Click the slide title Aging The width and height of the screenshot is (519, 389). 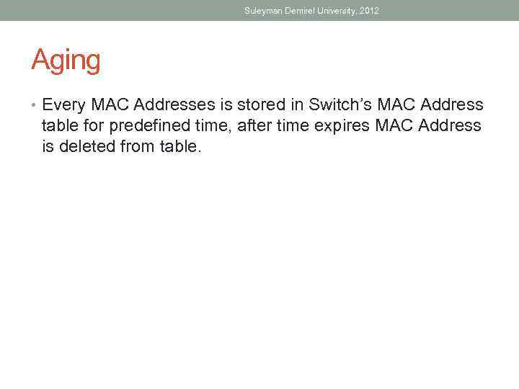point(66,61)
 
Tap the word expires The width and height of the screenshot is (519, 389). point(337,125)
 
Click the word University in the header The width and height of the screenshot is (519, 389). point(340,11)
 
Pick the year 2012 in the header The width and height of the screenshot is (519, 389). point(370,11)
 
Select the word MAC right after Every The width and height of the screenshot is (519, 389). point(109,105)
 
